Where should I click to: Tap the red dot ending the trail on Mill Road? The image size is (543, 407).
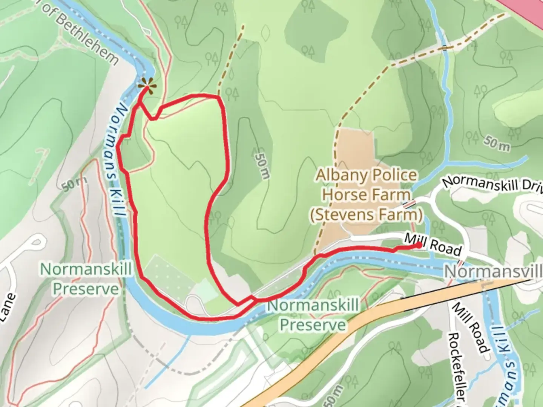point(419,245)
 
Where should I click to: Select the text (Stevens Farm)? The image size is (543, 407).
point(367,215)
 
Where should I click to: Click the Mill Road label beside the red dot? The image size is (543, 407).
point(433,245)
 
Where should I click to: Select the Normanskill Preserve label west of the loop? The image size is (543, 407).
point(86,279)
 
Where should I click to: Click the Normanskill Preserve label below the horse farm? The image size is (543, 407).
point(313,315)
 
